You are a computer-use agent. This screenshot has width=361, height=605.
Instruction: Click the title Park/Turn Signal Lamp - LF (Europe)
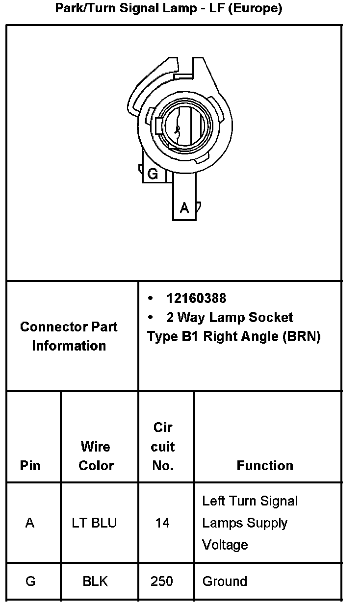point(168,9)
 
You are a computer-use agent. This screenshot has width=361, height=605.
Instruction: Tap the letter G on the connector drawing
point(153,174)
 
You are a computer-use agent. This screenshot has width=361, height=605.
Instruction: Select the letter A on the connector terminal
point(184,208)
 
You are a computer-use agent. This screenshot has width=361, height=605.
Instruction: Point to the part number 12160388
point(196,298)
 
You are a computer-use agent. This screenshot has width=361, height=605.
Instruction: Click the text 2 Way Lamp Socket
point(230,317)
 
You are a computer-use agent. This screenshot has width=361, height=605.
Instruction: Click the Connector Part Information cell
point(69,336)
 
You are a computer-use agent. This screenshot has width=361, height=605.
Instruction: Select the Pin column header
point(30,465)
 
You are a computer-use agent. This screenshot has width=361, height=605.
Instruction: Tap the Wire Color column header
point(96,456)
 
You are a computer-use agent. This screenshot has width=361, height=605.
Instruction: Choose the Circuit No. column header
point(163,447)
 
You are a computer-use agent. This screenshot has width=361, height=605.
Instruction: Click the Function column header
point(265,465)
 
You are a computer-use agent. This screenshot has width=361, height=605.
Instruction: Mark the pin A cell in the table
point(30,523)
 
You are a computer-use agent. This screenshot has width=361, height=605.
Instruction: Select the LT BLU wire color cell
point(95,523)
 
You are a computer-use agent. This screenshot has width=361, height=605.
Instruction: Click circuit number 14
point(162,523)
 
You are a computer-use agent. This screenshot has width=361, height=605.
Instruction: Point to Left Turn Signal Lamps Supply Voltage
point(250,523)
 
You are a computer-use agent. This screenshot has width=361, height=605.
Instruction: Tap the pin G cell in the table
point(30,581)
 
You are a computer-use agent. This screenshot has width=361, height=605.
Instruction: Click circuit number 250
point(162,581)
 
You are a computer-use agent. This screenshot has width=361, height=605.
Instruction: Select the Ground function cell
point(225,581)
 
